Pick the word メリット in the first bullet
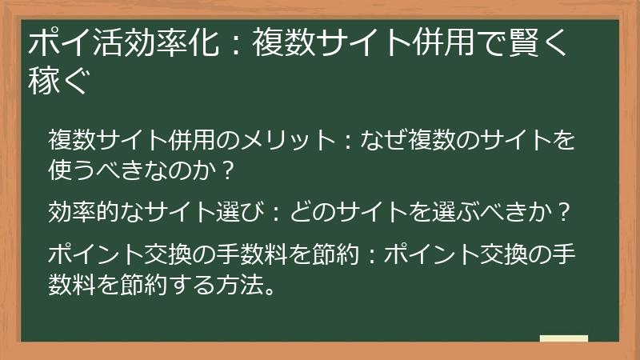[281, 142]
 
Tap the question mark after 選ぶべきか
[565, 212]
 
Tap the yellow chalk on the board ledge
[563, 338]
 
